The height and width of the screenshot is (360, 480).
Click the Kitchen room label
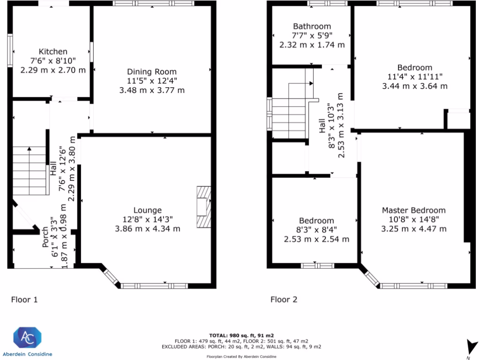point(53,52)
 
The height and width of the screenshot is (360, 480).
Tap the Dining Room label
point(152,72)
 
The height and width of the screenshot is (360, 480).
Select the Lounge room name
point(147,210)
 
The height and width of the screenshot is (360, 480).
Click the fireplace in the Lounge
point(203,207)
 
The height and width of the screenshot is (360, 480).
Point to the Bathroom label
point(312,27)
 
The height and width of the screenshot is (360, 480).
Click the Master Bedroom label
point(413,210)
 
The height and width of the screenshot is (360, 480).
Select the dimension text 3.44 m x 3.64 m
point(415,86)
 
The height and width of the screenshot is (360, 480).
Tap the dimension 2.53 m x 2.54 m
point(316,239)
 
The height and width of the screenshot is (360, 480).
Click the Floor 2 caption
point(284,300)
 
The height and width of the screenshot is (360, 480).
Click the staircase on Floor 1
point(30,171)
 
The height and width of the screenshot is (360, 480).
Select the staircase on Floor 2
point(289,112)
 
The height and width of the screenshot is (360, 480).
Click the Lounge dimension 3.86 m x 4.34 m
point(147,229)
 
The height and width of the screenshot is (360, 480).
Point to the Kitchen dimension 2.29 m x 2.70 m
point(53,70)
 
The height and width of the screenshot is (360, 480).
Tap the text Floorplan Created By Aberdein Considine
point(241,357)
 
